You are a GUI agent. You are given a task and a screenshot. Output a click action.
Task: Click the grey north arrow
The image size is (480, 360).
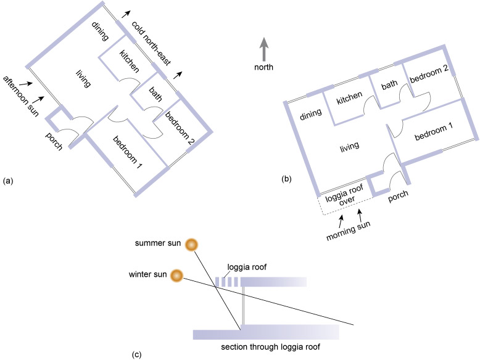[264, 48]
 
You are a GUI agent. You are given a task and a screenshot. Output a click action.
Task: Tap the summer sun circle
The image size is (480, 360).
[192, 245]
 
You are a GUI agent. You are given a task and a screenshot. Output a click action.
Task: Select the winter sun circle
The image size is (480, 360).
[177, 275]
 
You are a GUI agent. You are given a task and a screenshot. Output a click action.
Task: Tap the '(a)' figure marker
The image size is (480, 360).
[8, 181]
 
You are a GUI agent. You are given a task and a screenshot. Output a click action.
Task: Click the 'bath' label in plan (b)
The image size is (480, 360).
[389, 86]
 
